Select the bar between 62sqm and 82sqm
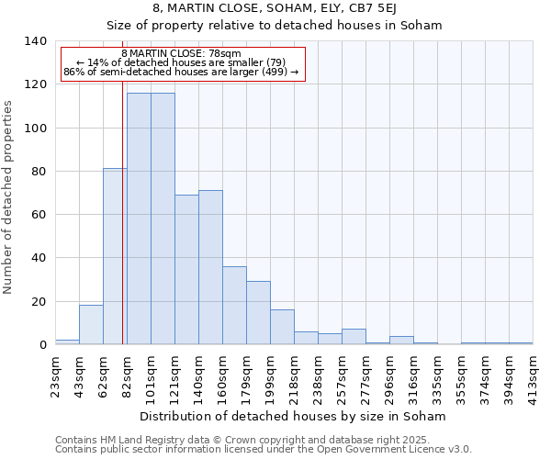pyautogui.click(x=115, y=256)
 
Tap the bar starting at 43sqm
pyautogui.click(x=91, y=325)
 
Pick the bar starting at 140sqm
pyautogui.click(x=210, y=267)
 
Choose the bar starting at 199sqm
pyautogui.click(x=282, y=327)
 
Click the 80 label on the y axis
pyautogui.click(x=39, y=172)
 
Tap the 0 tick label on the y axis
pyautogui.click(x=42, y=345)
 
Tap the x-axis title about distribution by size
pyautogui.click(x=294, y=416)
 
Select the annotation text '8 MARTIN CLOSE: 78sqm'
pyautogui.click(x=181, y=54)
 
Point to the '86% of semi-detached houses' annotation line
pyautogui.click(x=181, y=72)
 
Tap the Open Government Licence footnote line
pyautogui.click(x=264, y=450)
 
